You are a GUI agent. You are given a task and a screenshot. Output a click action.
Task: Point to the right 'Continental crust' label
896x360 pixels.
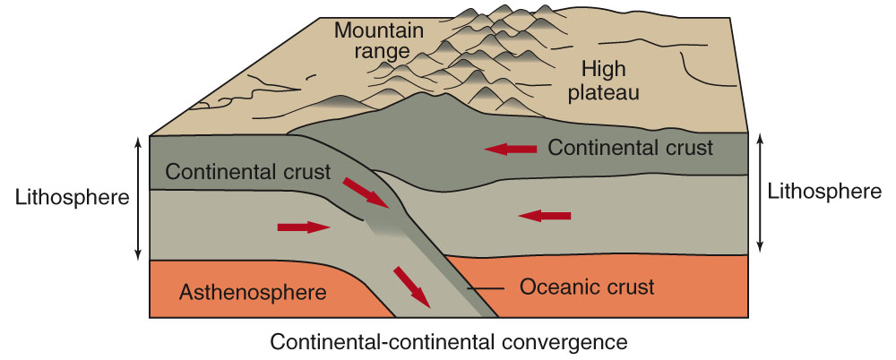tap(631, 148)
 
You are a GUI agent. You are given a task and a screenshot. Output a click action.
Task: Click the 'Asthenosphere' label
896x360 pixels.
tap(253, 291)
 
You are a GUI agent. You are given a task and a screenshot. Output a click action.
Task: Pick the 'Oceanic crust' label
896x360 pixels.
tap(587, 287)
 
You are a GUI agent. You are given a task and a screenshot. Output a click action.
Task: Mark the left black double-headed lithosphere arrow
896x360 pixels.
tap(137, 197)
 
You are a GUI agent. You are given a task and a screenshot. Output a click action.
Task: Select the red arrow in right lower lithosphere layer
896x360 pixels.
tap(545, 215)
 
